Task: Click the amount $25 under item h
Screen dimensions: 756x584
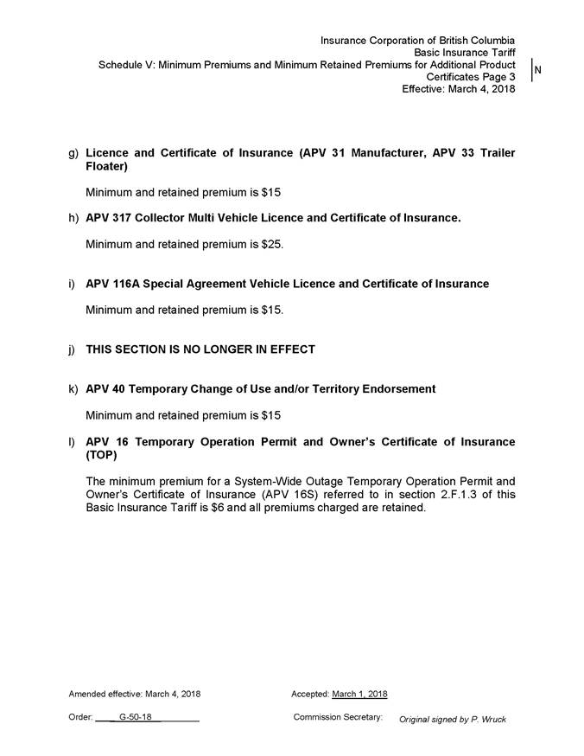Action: click(270, 245)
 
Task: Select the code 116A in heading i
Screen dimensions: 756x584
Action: click(126, 284)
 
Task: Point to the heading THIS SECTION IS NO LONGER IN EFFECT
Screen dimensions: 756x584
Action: click(200, 350)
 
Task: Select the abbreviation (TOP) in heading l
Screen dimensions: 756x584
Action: click(102, 455)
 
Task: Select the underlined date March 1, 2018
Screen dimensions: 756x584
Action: click(359, 694)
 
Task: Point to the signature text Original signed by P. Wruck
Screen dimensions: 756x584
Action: click(452, 720)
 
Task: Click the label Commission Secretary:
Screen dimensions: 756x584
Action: click(338, 717)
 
